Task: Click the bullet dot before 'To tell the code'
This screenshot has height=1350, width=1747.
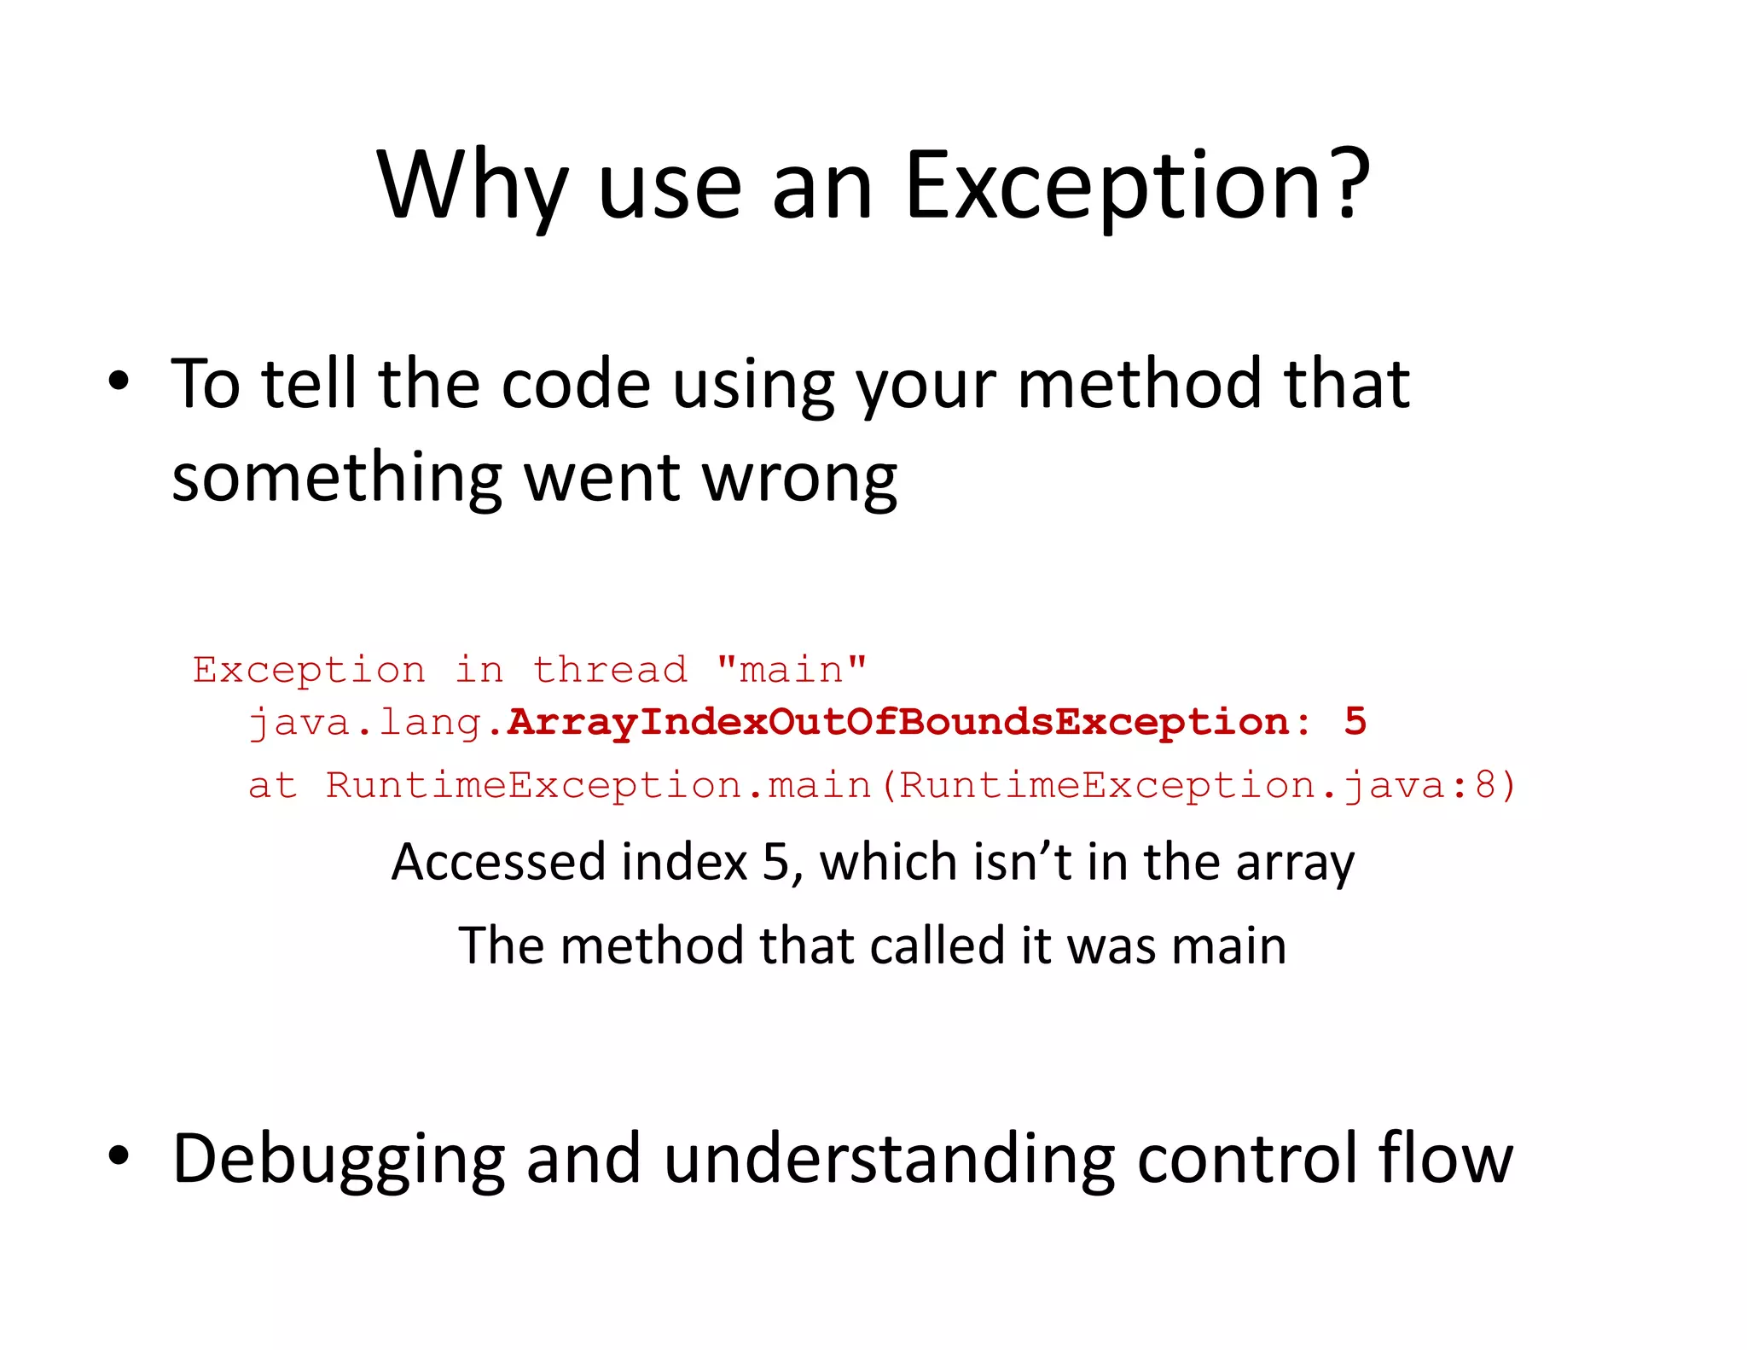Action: click(x=119, y=381)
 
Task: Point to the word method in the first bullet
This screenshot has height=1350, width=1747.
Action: click(x=1140, y=384)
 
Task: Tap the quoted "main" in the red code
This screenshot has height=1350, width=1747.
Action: click(x=792, y=670)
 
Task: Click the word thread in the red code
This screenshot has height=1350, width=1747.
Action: click(x=610, y=670)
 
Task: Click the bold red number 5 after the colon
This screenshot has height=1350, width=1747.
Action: click(x=1355, y=722)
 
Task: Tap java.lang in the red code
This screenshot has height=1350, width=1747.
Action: click(x=365, y=724)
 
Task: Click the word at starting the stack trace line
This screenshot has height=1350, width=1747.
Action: click(x=272, y=785)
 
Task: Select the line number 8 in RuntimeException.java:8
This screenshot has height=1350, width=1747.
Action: click(x=1485, y=785)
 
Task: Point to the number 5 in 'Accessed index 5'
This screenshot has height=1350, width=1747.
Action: click(x=775, y=862)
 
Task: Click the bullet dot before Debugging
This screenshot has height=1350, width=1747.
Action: click(x=119, y=1155)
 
